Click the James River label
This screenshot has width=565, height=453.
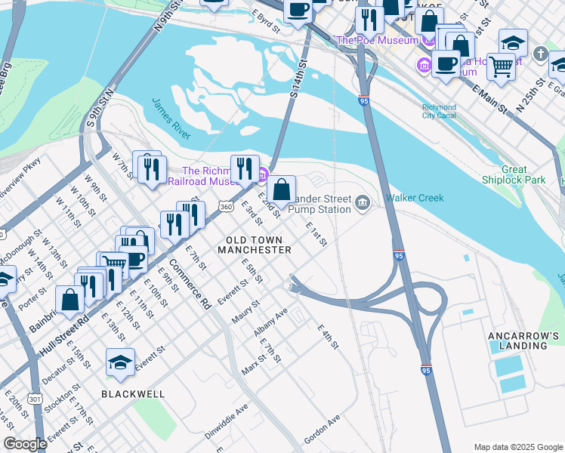tap(171, 118)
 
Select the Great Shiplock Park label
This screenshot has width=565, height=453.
tap(514, 175)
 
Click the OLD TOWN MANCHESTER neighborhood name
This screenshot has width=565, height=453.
tap(254, 244)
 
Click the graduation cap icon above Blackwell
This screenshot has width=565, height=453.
tap(121, 364)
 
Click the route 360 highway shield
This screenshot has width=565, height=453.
tap(225, 206)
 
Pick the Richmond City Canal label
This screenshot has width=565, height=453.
tap(439, 112)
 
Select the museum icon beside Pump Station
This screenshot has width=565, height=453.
tap(363, 202)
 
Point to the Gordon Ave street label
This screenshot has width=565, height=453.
tap(322, 429)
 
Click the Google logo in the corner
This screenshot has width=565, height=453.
tap(26, 444)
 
